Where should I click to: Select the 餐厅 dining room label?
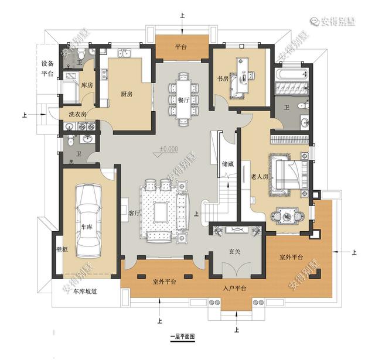tap(182, 100)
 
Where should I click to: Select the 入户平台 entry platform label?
tap(234, 289)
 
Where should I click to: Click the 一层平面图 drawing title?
tap(182, 338)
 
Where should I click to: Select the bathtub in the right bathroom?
tap(290, 74)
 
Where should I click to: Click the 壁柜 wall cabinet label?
tap(62, 250)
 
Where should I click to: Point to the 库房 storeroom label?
tap(87, 86)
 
